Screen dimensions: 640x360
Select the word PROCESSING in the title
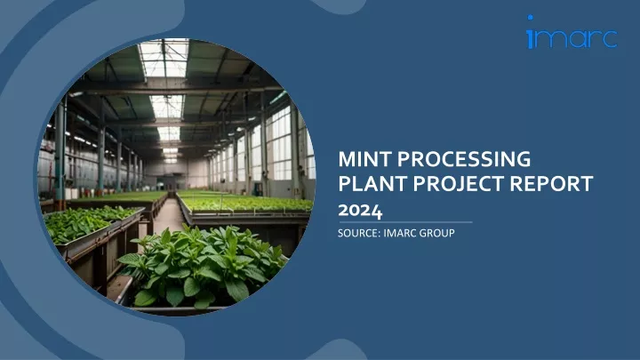464,159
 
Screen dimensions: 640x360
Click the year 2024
360,211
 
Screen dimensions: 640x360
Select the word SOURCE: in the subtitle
359,233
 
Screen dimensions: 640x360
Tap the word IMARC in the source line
399,233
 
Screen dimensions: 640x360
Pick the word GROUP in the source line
436,233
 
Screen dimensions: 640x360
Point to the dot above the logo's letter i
530,18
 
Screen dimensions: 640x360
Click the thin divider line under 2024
405,222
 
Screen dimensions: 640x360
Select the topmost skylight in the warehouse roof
164,58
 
